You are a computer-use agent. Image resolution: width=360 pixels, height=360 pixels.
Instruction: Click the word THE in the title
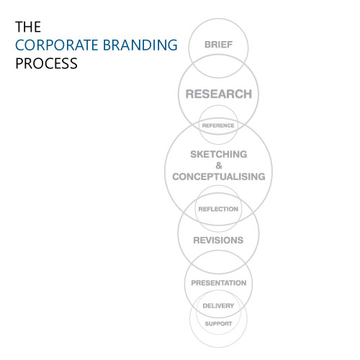coord(28,27)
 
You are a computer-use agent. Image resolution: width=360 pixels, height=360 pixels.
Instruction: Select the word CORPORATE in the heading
coord(57,45)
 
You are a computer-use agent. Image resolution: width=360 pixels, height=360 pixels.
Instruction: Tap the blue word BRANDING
coord(140,45)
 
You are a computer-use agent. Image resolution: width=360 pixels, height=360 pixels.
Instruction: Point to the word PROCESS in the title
coord(46,63)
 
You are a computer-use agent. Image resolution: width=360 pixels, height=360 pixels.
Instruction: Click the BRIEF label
coord(218,45)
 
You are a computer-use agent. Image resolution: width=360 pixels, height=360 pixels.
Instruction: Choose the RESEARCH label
coord(219,94)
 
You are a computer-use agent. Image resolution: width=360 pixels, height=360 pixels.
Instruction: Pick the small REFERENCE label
coord(218,125)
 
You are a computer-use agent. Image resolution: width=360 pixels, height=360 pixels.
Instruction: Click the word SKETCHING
coord(219,154)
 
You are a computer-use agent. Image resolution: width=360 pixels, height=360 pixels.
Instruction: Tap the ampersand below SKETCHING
coord(219,166)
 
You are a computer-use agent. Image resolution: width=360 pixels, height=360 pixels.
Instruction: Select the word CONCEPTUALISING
coord(219,176)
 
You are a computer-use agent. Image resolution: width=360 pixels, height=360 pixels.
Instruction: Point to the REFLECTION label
coord(218,209)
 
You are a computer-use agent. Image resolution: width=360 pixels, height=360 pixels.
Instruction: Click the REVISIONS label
coord(218,240)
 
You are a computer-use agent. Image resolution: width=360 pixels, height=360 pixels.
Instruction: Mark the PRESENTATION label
coord(219,283)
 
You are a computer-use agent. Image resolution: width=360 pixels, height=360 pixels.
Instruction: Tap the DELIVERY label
coord(218,306)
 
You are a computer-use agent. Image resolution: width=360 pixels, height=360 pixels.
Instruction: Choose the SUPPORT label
coord(218,324)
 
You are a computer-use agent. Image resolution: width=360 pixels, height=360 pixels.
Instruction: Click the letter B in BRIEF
coord(207,45)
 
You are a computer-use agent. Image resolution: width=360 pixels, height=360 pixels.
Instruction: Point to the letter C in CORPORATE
coord(20,45)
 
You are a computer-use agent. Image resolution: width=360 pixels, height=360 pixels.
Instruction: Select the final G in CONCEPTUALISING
coord(261,176)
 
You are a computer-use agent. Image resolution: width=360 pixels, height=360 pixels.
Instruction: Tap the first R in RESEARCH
coord(190,94)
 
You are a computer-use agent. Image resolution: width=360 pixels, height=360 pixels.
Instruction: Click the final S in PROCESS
coord(73,63)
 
